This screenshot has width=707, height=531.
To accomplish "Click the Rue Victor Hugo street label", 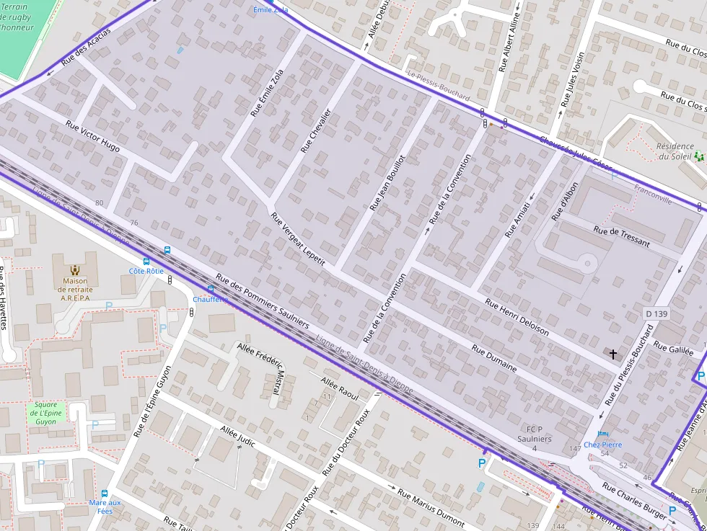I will [92, 135].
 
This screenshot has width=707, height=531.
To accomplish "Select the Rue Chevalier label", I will [315, 130].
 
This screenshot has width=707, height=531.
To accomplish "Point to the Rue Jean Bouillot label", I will [387, 183].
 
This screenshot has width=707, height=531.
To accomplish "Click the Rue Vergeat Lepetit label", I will [298, 238].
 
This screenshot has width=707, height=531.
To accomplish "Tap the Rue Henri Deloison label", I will [517, 317].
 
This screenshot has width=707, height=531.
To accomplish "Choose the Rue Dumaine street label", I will [494, 357].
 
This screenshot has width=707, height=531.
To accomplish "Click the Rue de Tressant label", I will [621, 237].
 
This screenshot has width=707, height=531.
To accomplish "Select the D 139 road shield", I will [656, 313].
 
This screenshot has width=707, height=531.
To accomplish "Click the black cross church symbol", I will [613, 354].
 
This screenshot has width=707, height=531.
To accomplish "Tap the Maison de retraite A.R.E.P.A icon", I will [75, 270].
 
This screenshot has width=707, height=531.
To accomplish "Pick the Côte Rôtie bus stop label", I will [146, 271].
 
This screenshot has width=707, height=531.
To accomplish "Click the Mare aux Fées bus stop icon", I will [105, 494].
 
